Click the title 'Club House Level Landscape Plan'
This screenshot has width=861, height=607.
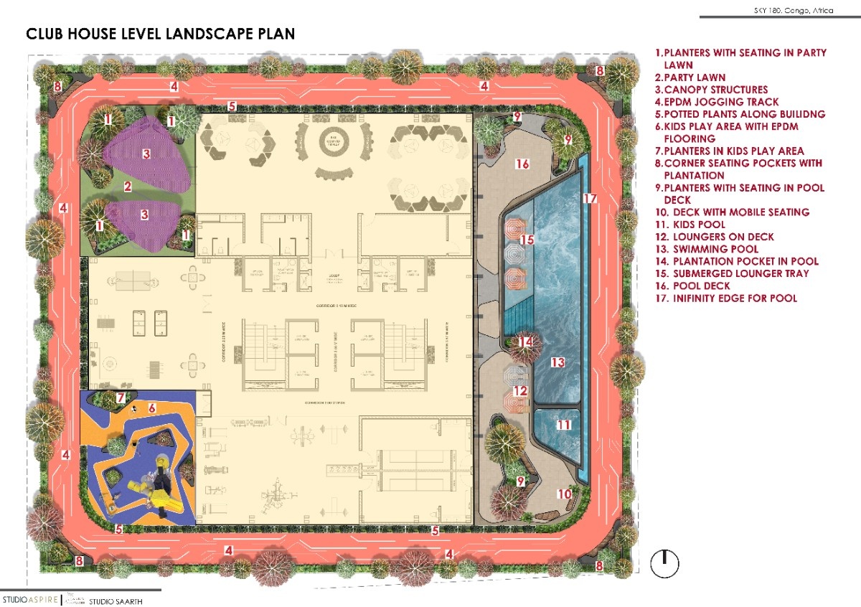click(x=160, y=34)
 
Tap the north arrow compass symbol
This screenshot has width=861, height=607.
click(x=664, y=563)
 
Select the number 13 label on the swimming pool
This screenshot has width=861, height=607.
click(x=557, y=362)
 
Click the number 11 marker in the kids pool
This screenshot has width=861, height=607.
click(x=564, y=425)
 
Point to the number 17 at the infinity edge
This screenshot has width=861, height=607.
click(x=590, y=198)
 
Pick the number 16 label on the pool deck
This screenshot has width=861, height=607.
click(x=522, y=164)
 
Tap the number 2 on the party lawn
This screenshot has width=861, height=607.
click(x=127, y=187)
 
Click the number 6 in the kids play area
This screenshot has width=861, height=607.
click(x=152, y=408)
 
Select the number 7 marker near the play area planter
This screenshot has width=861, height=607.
click(x=121, y=397)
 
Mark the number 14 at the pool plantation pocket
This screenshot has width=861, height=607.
click(x=526, y=342)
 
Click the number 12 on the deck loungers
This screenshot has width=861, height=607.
click(x=520, y=391)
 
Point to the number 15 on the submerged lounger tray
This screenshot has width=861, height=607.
click(x=527, y=240)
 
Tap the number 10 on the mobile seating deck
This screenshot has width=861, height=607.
click(x=565, y=494)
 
